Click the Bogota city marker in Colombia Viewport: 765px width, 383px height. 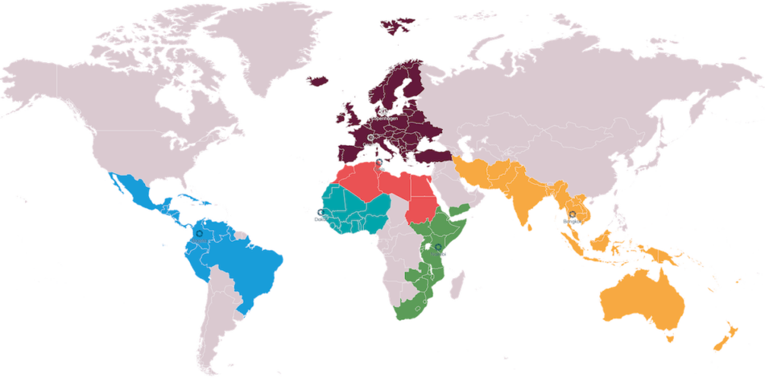(199, 233)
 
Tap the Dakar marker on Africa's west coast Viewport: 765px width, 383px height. (319, 212)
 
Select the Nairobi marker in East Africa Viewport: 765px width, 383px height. (437, 248)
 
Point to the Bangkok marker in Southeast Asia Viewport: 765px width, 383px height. (572, 215)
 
